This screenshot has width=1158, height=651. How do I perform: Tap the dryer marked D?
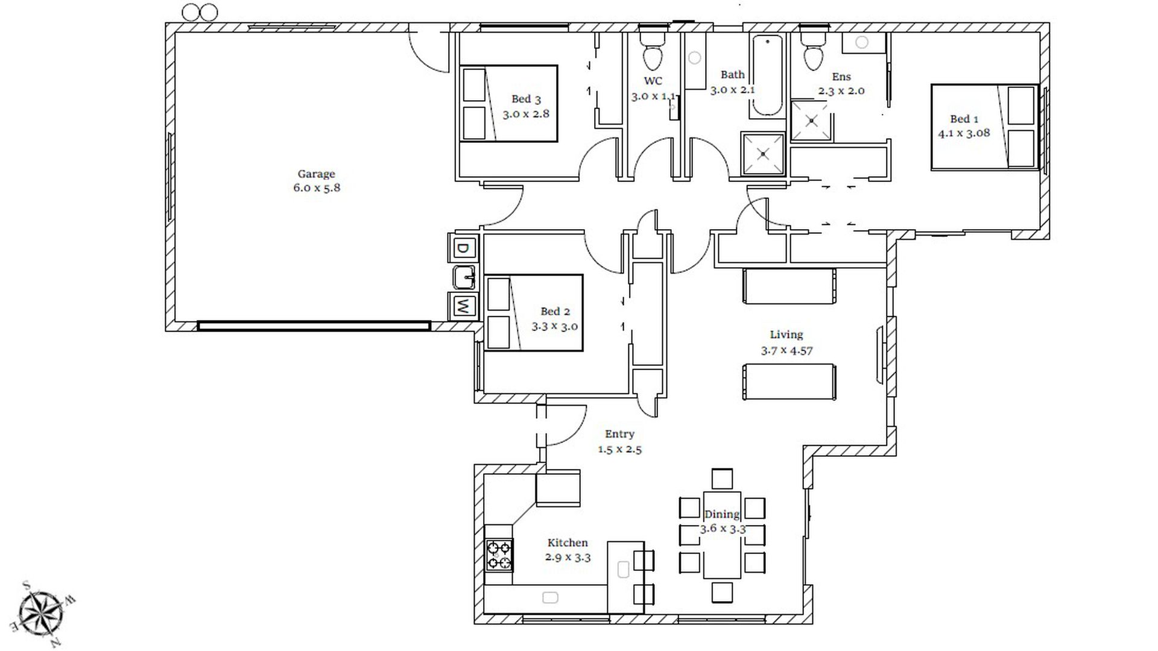(x=463, y=248)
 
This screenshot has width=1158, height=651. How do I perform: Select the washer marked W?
(x=463, y=306)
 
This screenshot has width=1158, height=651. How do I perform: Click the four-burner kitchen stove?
(x=499, y=555)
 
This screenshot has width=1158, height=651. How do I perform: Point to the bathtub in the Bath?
(x=767, y=76)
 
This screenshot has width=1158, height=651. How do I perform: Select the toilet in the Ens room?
(x=814, y=50)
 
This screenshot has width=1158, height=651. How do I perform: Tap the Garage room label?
(x=316, y=174)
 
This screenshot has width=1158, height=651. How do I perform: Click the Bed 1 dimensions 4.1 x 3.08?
(x=964, y=133)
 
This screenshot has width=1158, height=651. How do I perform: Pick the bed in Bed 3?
(x=508, y=104)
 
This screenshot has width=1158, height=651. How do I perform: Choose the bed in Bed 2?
(x=534, y=313)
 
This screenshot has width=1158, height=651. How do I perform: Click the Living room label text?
(x=786, y=335)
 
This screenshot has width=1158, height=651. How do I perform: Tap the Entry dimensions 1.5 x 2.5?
(x=619, y=449)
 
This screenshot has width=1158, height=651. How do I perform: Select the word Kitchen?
(x=568, y=542)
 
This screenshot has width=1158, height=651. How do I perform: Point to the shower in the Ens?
(x=812, y=121)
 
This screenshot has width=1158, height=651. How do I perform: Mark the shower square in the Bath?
(x=764, y=154)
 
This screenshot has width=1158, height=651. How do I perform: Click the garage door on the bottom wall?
(x=314, y=326)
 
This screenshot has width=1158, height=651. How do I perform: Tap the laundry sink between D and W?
(x=464, y=277)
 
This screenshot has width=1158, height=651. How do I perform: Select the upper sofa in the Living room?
(x=789, y=286)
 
